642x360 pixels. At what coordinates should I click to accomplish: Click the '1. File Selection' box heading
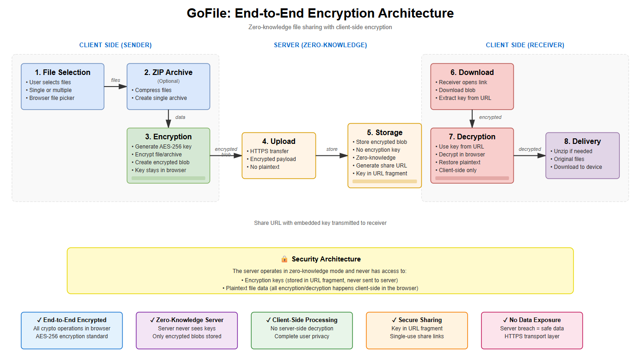(x=62, y=72)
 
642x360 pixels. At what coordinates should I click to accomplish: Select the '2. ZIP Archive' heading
(x=168, y=72)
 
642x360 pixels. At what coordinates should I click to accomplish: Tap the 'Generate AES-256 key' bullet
(x=163, y=147)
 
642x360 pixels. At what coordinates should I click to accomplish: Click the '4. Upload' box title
(x=278, y=141)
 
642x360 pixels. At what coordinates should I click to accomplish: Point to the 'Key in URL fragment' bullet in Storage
(x=382, y=174)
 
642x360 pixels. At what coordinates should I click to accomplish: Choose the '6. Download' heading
(x=472, y=72)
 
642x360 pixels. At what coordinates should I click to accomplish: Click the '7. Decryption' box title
(x=472, y=137)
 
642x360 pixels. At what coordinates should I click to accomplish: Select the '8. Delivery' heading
(x=582, y=141)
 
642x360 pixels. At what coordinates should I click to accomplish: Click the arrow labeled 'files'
(x=116, y=87)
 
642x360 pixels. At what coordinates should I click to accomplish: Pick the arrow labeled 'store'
(x=332, y=155)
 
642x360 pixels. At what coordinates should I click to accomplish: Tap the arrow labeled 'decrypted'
(x=530, y=155)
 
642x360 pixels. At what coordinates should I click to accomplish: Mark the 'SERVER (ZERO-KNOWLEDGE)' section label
(x=320, y=45)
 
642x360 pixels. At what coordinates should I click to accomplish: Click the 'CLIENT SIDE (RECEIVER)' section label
(x=525, y=45)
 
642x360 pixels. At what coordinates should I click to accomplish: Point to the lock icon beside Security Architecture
(x=284, y=259)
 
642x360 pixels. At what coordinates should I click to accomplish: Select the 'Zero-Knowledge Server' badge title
(x=187, y=320)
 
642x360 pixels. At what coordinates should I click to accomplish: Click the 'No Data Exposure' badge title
(x=532, y=320)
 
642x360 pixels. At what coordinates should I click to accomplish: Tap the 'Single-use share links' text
(x=417, y=336)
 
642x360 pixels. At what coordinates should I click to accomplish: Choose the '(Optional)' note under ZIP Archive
(x=168, y=81)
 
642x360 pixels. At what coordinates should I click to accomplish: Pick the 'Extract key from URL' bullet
(x=465, y=98)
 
